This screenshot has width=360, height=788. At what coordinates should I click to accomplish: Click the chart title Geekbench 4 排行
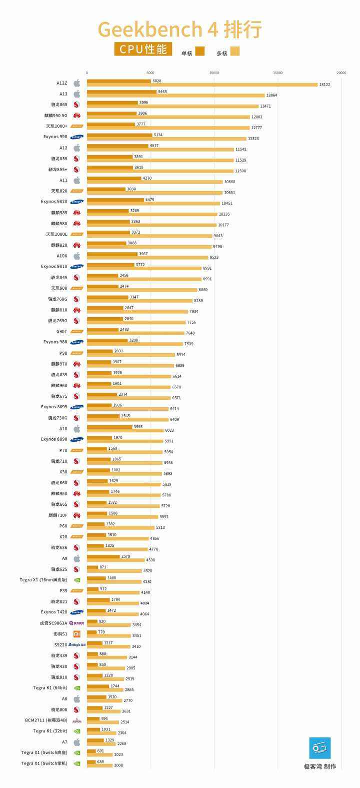179,30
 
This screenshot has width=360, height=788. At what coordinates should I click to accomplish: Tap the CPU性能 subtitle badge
143,49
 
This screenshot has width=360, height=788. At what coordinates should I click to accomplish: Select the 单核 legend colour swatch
200,51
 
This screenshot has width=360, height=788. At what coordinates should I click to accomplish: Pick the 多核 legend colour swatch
235,51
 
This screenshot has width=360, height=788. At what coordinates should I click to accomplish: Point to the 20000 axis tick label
341,73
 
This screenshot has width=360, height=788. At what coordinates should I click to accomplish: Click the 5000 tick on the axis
150,73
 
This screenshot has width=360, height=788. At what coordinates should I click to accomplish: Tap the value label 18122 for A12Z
324,85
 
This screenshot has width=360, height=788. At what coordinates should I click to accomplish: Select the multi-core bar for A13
175,96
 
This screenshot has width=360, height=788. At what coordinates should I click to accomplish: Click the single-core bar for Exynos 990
119,135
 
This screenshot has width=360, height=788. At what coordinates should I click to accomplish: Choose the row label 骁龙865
59,105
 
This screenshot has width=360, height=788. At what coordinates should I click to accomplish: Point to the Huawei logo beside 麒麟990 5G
77,116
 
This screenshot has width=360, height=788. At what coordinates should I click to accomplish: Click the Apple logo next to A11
77,180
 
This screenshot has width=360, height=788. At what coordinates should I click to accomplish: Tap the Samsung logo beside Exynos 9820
77,202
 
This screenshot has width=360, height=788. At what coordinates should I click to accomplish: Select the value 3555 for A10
138,427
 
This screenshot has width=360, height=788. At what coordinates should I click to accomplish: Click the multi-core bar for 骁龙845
144,279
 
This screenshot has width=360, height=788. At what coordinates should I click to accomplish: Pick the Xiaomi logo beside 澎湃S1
77,634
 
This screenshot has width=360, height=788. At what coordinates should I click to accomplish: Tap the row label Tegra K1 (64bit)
50,688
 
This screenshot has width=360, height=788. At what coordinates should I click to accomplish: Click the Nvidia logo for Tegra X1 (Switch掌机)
77,763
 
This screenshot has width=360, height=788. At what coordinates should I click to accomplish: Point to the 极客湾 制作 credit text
320,766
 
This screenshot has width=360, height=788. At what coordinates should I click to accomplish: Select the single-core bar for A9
103,556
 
